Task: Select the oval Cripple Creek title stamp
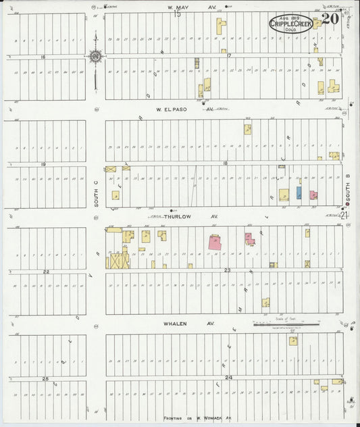point(290,24)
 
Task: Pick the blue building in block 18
point(299,193)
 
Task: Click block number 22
point(46,272)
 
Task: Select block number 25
point(46,378)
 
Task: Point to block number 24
point(229,377)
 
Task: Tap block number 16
point(43,57)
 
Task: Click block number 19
point(43,164)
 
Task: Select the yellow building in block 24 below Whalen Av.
point(293,341)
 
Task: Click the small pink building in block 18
point(313,195)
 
